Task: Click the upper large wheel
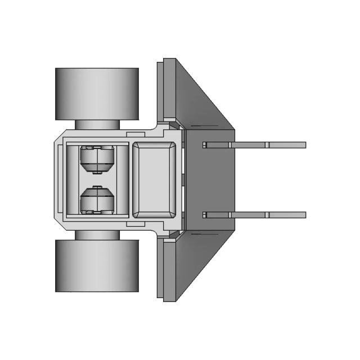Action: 97,93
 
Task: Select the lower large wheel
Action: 97,265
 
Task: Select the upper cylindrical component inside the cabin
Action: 97,159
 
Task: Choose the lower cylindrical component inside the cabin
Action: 97,200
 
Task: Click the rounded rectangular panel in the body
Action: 154,179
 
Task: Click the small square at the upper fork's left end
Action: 205,145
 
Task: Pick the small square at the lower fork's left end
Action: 205,215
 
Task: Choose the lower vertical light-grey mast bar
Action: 161,267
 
